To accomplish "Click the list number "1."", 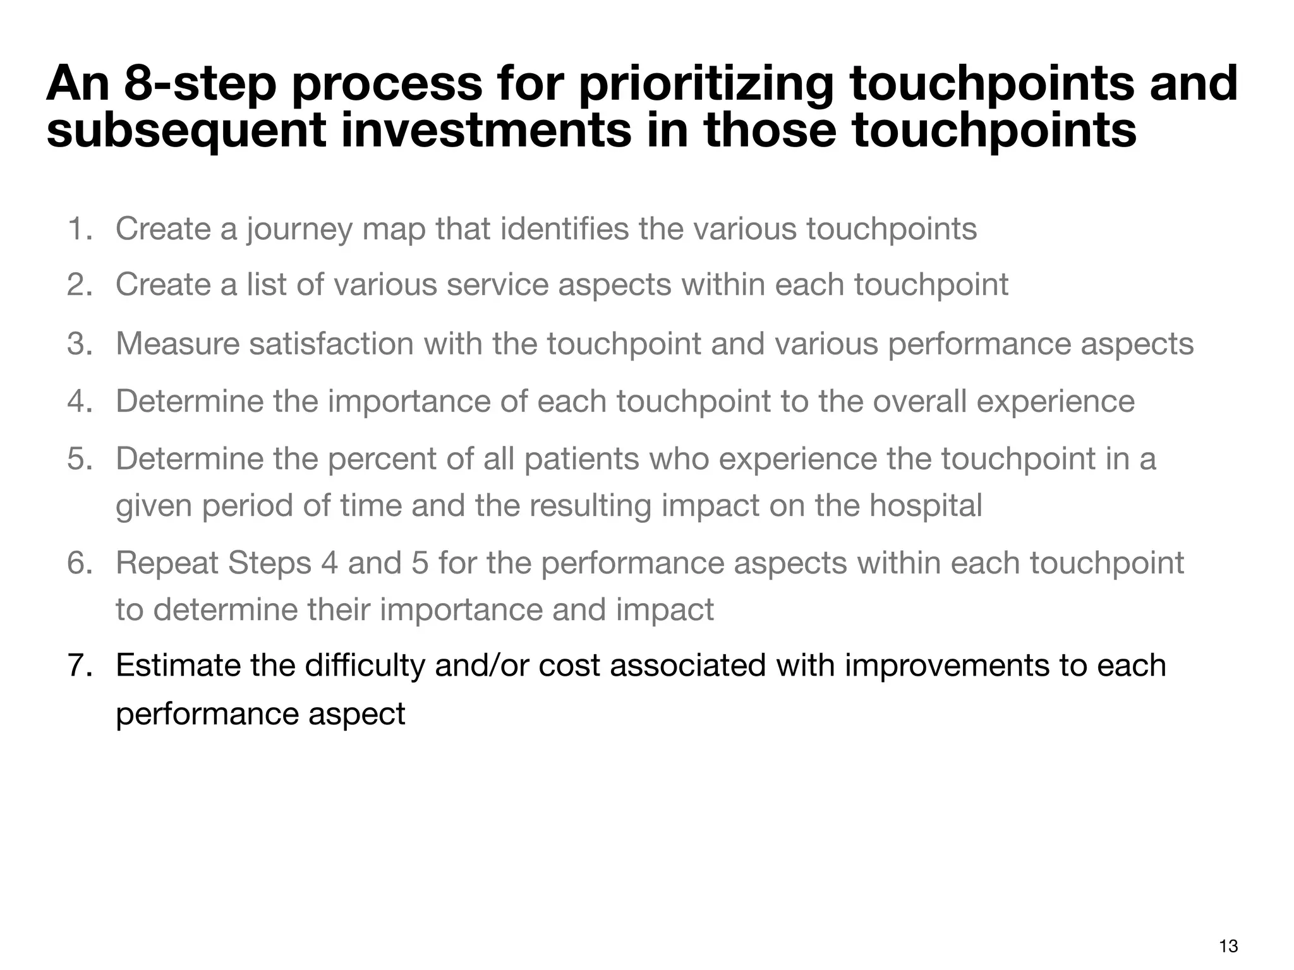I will tap(80, 229).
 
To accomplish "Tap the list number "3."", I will tap(80, 344).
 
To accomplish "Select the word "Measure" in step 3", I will tap(178, 344).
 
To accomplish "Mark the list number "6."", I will tap(80, 563).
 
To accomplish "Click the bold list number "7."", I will tap(80, 666).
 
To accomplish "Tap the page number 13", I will tap(1228, 946).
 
